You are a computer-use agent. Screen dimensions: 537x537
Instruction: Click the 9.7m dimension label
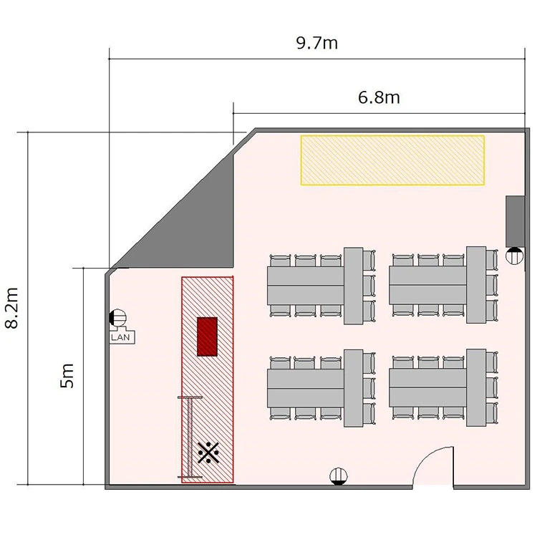coord(316,43)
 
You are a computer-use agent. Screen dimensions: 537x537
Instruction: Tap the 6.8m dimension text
coord(379,97)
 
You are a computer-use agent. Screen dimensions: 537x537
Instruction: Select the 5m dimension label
coord(67,376)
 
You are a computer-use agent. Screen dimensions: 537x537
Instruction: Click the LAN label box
coord(122,337)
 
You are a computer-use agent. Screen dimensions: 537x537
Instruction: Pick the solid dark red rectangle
coord(207,337)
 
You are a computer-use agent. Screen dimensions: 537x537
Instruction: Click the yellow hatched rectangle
coord(392,160)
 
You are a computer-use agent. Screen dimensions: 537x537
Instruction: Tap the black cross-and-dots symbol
coord(208,453)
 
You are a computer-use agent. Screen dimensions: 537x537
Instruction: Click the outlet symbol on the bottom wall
coord(339,476)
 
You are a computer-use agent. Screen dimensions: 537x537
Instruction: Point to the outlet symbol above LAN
coord(118,318)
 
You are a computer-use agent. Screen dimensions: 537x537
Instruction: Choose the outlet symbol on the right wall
coord(515,256)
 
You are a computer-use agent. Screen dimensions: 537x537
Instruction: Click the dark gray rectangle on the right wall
coord(515,221)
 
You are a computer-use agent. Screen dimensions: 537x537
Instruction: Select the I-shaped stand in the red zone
coord(190,437)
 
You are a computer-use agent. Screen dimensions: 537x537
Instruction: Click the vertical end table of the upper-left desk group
coord(354,286)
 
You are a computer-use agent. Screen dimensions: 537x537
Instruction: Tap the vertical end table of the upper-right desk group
coord(476,284)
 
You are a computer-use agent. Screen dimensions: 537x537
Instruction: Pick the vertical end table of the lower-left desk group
coord(354,388)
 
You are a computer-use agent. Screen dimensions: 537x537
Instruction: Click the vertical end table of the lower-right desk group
coord(476,387)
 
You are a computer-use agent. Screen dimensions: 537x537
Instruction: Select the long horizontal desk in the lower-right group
coord(427,387)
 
